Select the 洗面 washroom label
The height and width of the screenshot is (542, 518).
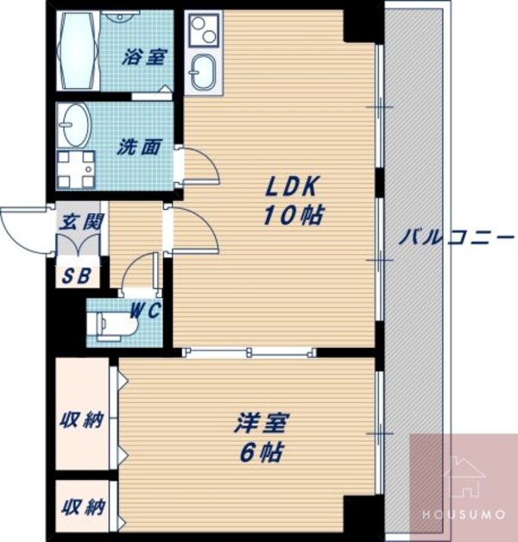coord(138,147)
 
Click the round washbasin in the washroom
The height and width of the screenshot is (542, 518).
coord(75,126)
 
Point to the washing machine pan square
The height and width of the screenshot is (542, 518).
coord(76,168)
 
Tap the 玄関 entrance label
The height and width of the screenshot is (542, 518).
coord(81,221)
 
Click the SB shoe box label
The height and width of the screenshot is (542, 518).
coord(76,276)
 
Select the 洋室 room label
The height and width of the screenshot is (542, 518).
coord(262,423)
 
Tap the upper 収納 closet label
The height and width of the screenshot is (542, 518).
coord(81,420)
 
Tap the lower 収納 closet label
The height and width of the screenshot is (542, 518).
coord(81,507)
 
